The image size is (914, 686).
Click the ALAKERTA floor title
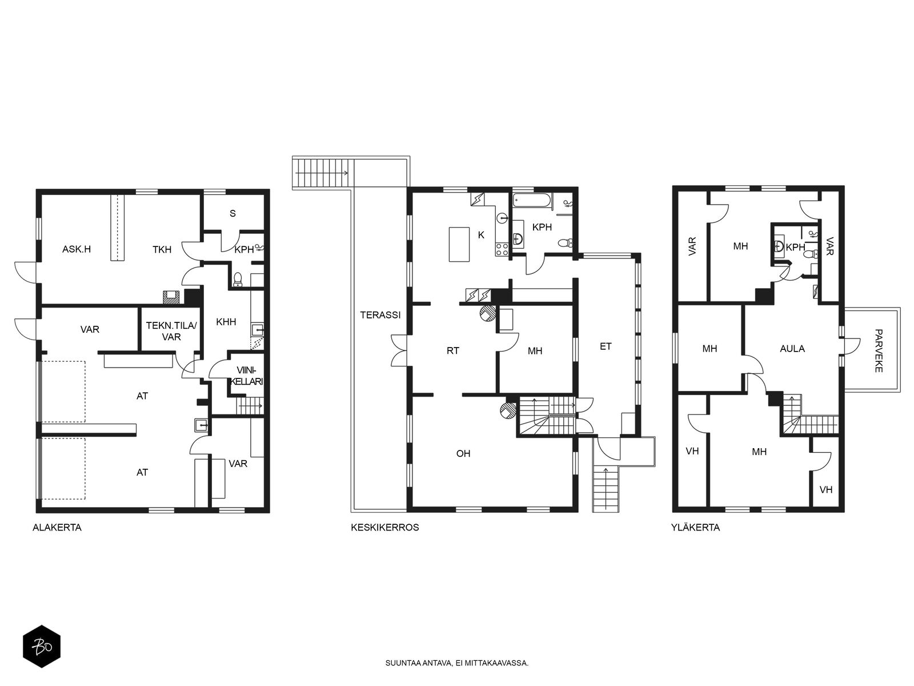point(57,527)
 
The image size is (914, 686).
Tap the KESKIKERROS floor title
point(385,527)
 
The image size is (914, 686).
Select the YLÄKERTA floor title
point(695,527)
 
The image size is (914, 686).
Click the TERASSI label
point(380,315)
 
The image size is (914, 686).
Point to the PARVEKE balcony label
point(879,350)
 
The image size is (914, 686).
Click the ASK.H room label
point(77,249)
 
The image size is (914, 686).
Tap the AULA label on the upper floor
point(792,349)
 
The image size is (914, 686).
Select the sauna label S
point(232,213)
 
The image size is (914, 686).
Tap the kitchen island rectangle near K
point(459,244)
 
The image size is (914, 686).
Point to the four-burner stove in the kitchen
point(502,249)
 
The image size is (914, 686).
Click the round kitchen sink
point(503,217)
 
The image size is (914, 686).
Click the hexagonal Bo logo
point(42,646)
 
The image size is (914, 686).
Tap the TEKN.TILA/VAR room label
point(171,331)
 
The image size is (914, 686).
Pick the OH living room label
point(463,453)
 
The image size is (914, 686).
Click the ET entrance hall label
point(606,346)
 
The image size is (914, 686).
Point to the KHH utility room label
point(226,321)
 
